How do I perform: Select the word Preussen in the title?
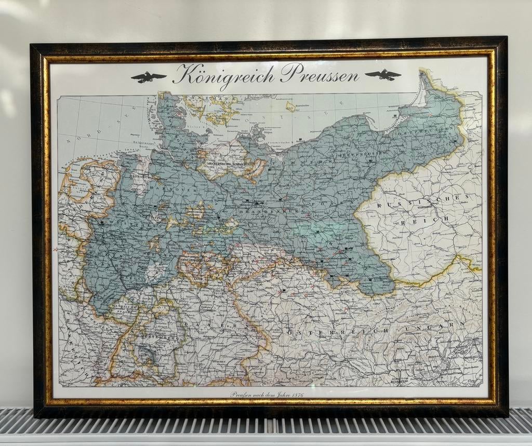tap(320, 75)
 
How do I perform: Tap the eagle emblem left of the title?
tap(149, 77)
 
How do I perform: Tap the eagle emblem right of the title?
tap(383, 75)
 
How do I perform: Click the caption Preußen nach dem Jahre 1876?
tap(267, 394)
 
